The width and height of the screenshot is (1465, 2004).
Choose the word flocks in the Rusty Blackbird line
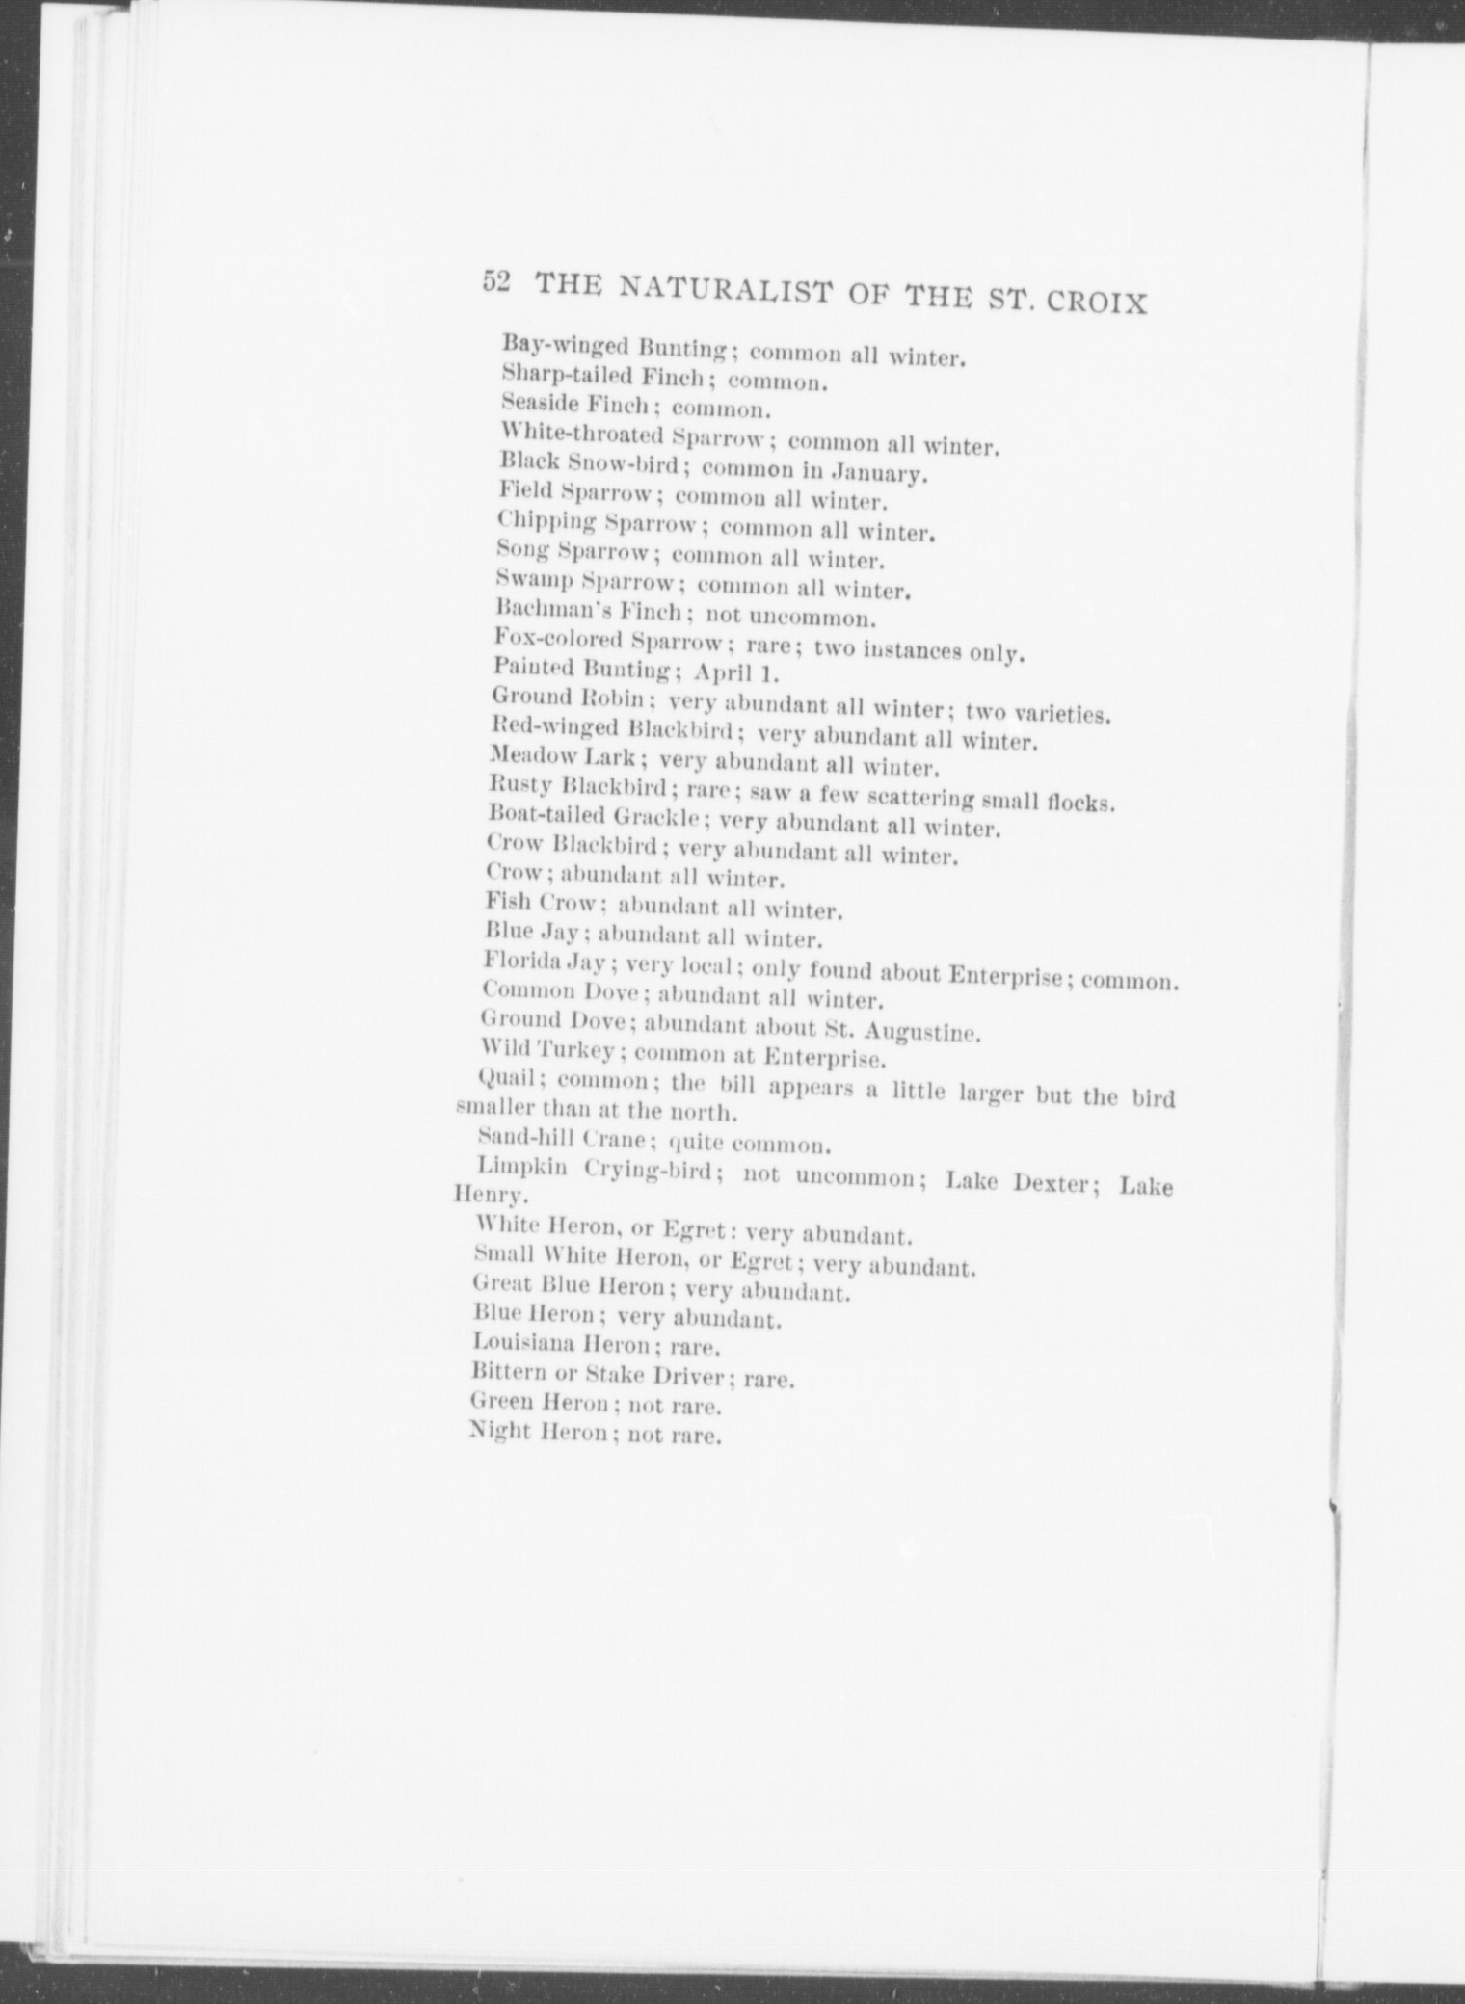pos(1080,801)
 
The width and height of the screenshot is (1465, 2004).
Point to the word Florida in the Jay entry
pos(518,961)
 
